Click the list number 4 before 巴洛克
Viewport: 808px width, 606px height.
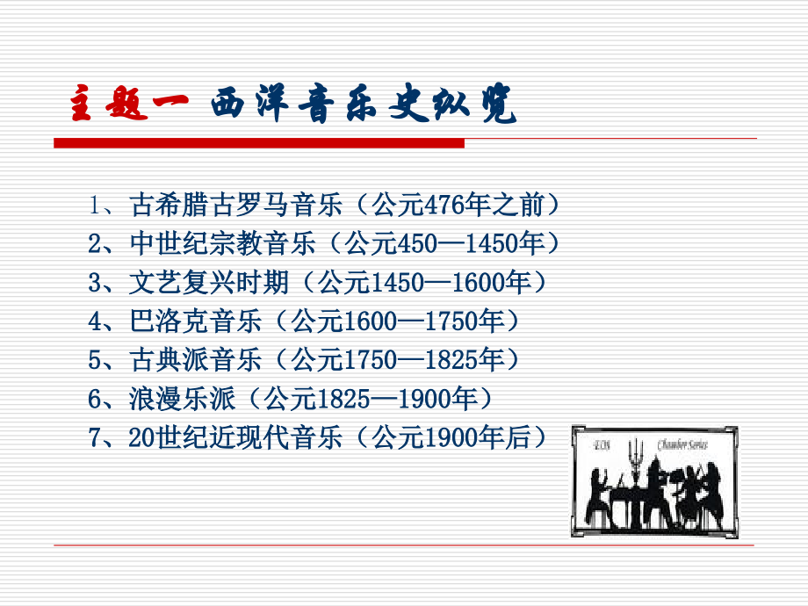click(x=96, y=321)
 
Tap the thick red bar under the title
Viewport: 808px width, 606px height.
click(x=258, y=142)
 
